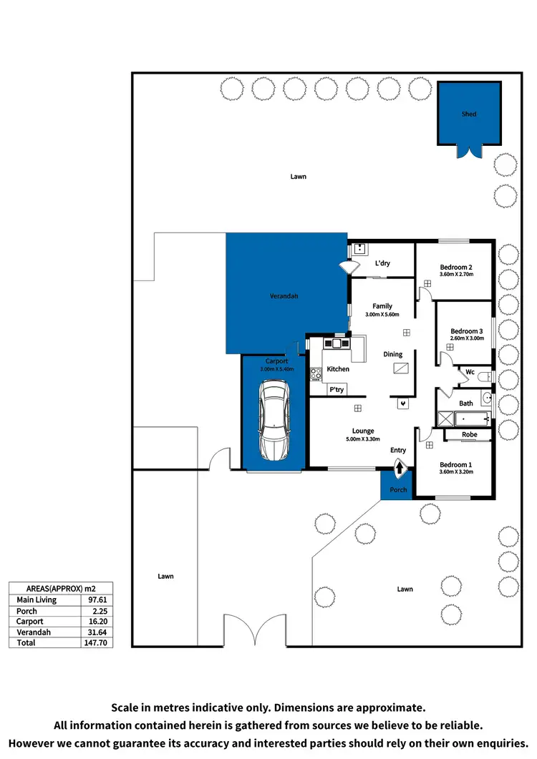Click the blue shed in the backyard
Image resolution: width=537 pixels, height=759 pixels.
(468, 114)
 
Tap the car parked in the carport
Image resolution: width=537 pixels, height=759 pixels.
(274, 420)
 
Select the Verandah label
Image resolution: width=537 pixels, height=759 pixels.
(284, 296)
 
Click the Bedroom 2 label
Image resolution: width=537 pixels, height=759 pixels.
(455, 268)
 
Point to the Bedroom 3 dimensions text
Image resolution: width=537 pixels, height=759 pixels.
(467, 338)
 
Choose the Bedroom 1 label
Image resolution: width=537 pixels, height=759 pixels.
(455, 464)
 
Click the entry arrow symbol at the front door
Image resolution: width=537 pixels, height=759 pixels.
(398, 468)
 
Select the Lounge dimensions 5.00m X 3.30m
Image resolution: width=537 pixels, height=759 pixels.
(363, 439)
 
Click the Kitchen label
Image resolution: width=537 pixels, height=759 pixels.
(338, 369)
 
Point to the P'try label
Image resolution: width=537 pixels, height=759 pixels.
(337, 390)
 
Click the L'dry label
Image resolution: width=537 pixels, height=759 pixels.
(382, 263)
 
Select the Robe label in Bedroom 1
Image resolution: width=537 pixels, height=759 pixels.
(469, 434)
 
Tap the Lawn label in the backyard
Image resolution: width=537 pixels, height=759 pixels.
(298, 176)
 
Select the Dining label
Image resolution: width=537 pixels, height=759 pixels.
(392, 354)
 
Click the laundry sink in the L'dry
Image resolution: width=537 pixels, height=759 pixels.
(359, 250)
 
